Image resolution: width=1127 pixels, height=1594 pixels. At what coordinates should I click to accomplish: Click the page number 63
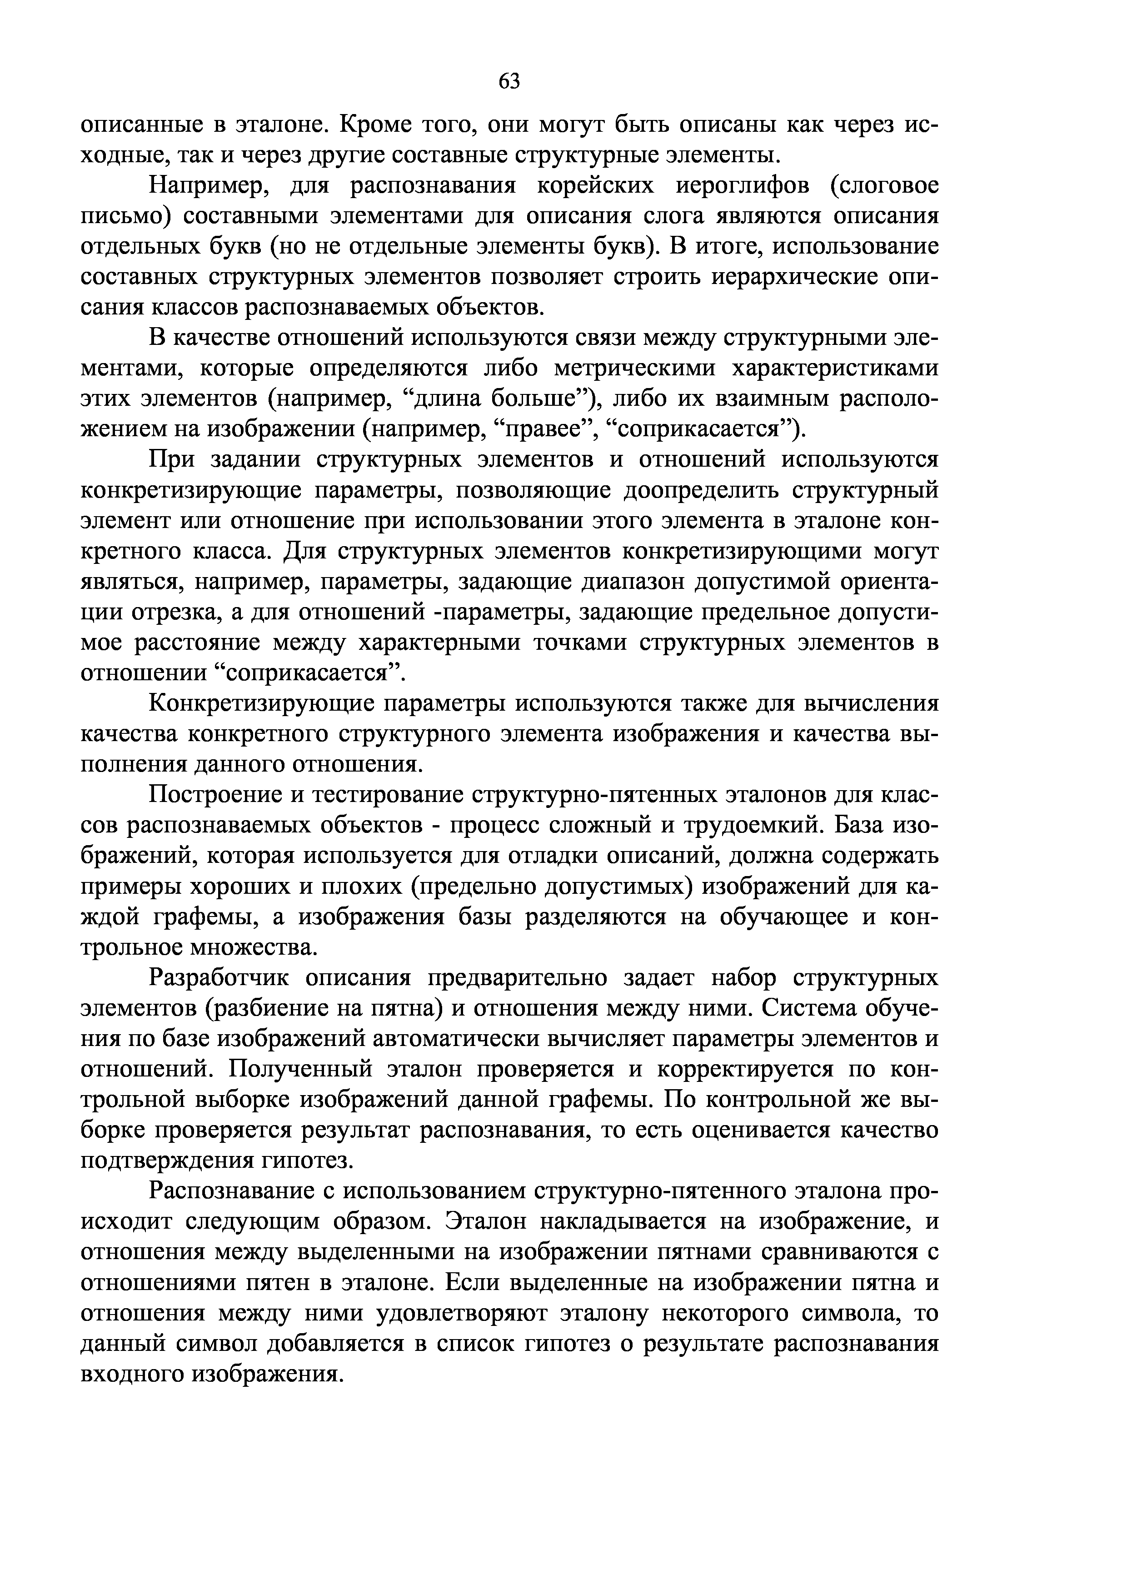coord(509,82)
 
